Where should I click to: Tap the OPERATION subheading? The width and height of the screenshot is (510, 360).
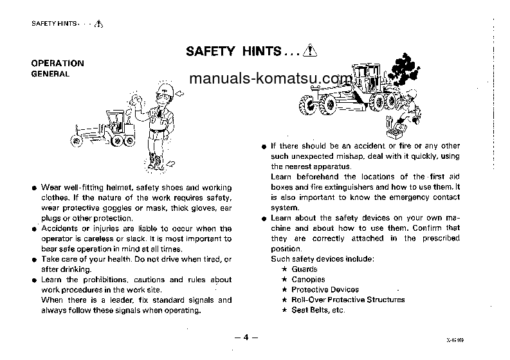(58, 63)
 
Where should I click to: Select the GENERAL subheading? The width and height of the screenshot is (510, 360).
(50, 74)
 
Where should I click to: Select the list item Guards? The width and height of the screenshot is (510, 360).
(304, 269)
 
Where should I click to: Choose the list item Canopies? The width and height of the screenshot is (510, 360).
(308, 279)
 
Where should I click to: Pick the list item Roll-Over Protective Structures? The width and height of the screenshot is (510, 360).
(348, 300)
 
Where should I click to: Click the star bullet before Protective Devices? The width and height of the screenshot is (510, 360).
(284, 290)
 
